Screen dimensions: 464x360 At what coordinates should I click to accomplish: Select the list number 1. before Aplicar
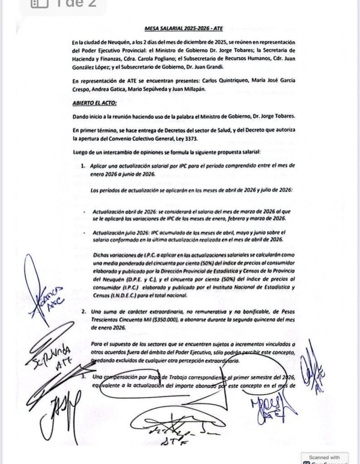pyautogui.click(x=83, y=166)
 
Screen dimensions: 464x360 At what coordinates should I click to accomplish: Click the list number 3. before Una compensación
pyautogui.click(x=83, y=377)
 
